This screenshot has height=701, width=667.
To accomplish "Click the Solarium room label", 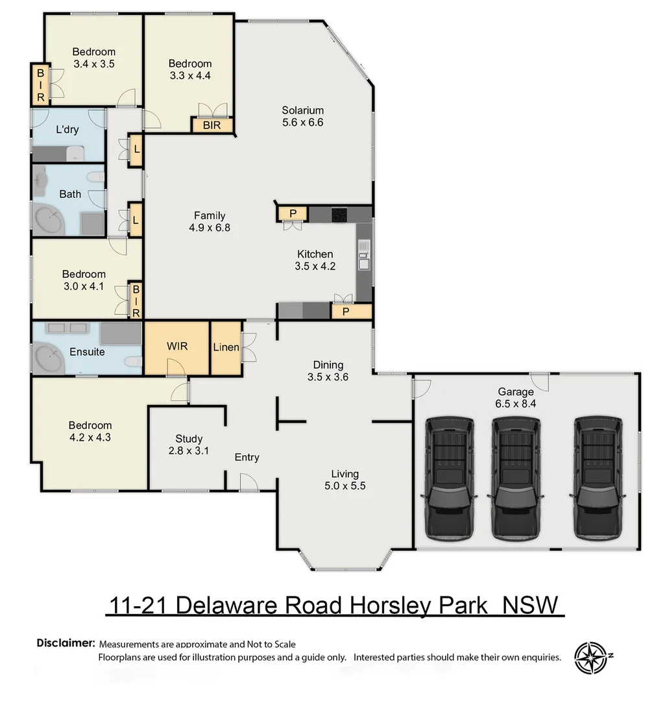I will coord(302,110).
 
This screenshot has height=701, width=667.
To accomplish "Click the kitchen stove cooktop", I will coord(340,214).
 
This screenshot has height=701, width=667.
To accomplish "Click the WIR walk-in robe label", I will coord(176,347).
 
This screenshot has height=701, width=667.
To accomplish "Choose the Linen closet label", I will coord(226,348).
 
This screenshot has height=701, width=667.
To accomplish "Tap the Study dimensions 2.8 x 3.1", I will coord(189,451).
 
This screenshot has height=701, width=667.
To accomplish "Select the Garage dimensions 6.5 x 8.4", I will coord(516,404).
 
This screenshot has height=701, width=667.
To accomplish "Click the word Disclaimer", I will coord(66,643).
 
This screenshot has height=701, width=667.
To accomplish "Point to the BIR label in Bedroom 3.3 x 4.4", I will coord(212,125).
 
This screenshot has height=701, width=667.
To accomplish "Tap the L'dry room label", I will coord(67,129).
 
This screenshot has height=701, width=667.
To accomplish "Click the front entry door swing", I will coord(249,482).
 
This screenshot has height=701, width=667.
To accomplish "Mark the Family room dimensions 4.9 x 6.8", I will coord(210,228).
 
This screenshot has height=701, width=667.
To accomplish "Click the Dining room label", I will coord(328,365).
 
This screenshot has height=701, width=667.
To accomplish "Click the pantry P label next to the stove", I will coord(293,213).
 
